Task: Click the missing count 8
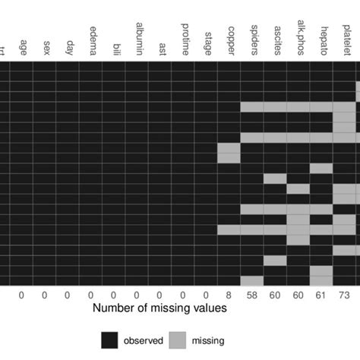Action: [229, 295]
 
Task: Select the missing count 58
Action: [252, 295]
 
